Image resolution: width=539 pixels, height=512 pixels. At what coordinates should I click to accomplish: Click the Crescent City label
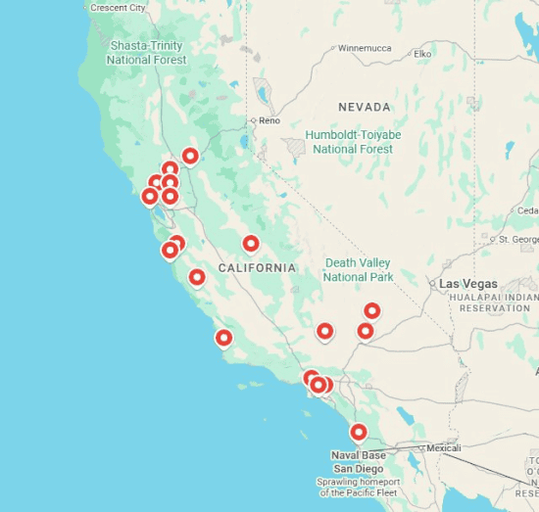(x=118, y=8)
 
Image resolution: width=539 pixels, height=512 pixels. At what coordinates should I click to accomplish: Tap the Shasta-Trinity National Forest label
(x=147, y=53)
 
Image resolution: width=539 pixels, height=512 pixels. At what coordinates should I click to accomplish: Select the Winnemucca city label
(x=364, y=47)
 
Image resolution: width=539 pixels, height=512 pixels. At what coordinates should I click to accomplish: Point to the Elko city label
(x=422, y=54)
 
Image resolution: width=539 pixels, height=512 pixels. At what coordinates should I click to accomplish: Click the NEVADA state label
(x=364, y=107)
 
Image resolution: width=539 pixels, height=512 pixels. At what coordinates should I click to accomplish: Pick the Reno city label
(x=269, y=120)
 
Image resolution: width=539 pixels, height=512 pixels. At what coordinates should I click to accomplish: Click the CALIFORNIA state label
(x=257, y=267)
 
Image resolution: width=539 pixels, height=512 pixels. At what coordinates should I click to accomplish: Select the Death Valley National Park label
(x=358, y=270)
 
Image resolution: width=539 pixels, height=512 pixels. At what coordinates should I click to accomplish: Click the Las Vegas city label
(x=468, y=284)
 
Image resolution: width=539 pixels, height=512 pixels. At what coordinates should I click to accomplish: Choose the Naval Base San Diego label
(x=359, y=461)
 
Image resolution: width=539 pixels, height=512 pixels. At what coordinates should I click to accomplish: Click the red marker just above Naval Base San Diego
(x=359, y=432)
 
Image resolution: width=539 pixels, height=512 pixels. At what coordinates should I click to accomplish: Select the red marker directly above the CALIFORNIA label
(x=251, y=244)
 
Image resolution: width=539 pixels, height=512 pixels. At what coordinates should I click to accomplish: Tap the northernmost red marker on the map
(x=190, y=156)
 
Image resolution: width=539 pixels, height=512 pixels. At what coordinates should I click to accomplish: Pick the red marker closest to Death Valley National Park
(x=372, y=311)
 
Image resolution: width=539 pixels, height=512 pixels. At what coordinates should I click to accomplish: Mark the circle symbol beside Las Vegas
(x=432, y=284)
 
